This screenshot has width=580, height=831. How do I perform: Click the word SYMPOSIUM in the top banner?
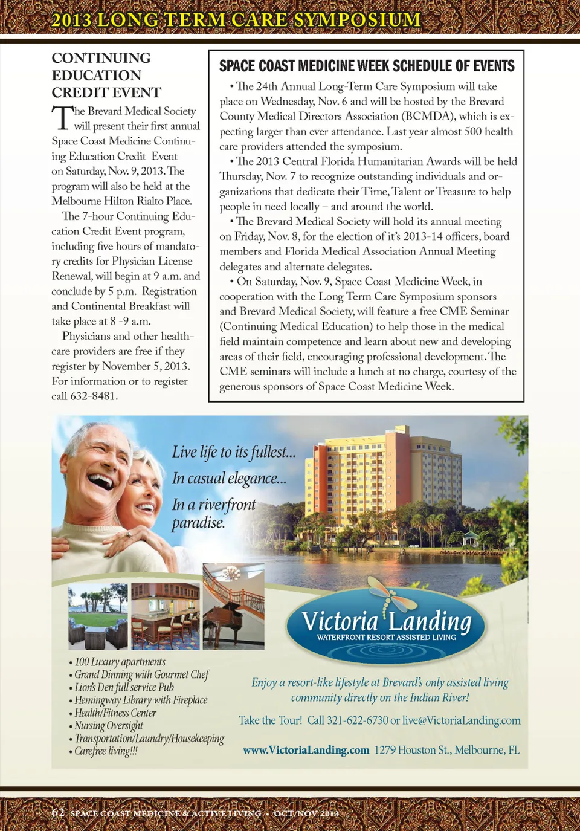tap(357, 19)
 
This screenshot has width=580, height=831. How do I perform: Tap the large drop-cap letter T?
tap(62, 118)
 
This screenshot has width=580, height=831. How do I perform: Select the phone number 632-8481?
tap(94, 396)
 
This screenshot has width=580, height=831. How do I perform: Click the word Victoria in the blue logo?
tap(340, 621)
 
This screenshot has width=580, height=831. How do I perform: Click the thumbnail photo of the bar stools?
tap(165, 616)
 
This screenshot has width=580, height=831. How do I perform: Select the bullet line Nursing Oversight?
tap(109, 725)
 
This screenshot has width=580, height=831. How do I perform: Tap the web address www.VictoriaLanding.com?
tap(306, 750)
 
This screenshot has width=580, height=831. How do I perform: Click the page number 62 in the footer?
tap(58, 812)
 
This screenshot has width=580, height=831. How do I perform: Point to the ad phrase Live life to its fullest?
tap(233, 452)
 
